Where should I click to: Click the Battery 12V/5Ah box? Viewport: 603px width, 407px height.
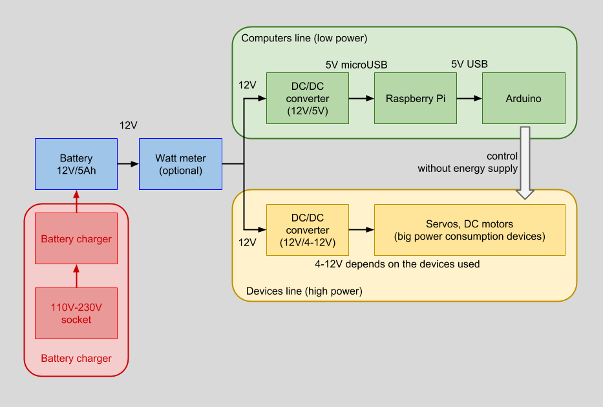[x=76, y=164]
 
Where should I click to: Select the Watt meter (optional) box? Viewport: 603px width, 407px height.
[x=180, y=164]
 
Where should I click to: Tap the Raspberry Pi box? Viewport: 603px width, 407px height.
[x=416, y=99]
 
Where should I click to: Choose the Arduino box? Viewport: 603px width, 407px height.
[x=524, y=99]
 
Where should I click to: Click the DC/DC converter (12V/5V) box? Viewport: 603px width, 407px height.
[x=308, y=98]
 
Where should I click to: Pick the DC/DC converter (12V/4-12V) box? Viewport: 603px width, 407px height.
[x=308, y=230]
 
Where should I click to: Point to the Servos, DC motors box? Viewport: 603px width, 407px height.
[x=470, y=230]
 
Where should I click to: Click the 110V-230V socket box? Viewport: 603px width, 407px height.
[x=76, y=314]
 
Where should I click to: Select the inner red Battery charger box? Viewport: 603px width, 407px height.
[x=76, y=239]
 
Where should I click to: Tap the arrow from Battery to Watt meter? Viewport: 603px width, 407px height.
[x=128, y=164]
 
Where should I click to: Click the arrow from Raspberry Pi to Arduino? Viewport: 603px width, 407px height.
[x=469, y=99]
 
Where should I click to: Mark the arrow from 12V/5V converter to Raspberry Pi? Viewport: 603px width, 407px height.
[x=361, y=99]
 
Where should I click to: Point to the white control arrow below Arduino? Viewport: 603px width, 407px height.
[x=525, y=162]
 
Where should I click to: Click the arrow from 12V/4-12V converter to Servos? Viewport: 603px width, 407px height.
[x=361, y=230]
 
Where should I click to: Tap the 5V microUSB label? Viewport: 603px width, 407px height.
[x=356, y=65]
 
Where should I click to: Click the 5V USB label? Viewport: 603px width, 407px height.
[x=469, y=64]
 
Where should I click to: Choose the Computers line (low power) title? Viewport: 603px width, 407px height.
[x=304, y=39]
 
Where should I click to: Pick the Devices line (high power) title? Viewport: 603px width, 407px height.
[x=304, y=291]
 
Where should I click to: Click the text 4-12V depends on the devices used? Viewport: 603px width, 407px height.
[x=396, y=264]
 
